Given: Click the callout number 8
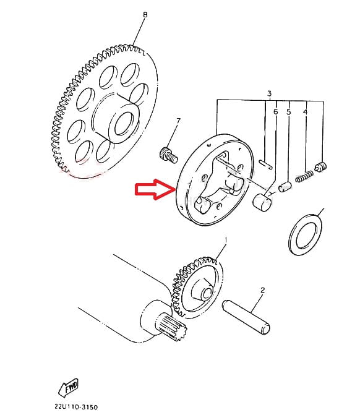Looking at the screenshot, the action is tap(145, 15).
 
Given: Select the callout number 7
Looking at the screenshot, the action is tap(178, 121).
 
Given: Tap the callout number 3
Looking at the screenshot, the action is tap(269, 93).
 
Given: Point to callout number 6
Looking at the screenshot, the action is tap(275, 112).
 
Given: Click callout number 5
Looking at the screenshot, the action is tap(288, 112).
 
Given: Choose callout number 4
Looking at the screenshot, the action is tap(305, 112).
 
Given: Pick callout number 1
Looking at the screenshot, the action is tap(226, 240).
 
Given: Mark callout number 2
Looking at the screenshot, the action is tap(262, 290).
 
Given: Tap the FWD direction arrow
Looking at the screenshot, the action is tap(68, 387).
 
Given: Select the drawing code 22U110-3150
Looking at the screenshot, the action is tap(76, 406).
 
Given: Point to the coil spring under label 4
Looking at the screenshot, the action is tap(304, 176).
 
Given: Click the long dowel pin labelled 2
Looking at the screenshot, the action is tap(246, 317).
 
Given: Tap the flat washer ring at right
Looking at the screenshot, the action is tap(306, 234).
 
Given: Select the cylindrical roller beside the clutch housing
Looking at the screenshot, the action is tap(262, 202).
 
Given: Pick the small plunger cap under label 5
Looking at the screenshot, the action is tap(285, 187).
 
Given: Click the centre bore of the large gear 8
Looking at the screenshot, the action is tap(124, 123).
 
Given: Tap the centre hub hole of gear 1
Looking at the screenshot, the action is tap(207, 294).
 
